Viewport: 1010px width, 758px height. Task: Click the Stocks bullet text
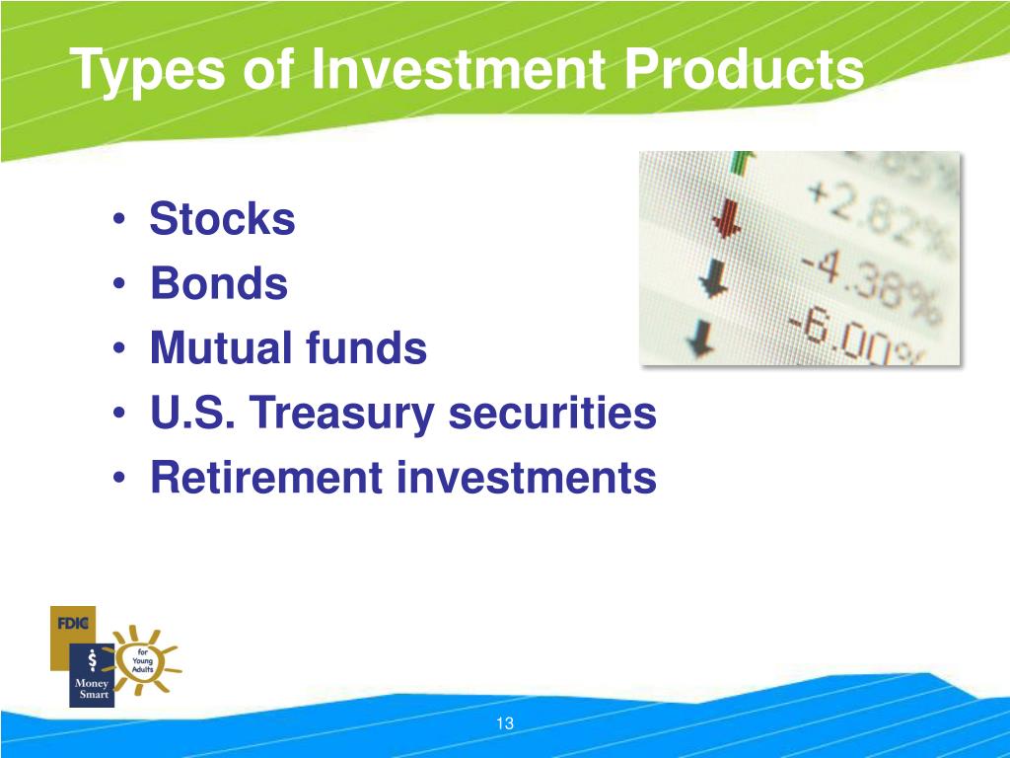coord(222,219)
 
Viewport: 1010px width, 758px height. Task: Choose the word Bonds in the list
coord(219,284)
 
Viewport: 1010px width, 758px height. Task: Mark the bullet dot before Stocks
coord(118,220)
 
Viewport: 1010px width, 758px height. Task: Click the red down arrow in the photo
coord(727,219)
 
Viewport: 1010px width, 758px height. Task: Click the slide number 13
coord(505,723)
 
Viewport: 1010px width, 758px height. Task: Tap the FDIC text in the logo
coord(73,623)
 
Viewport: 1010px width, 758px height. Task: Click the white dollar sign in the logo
coord(91,659)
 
